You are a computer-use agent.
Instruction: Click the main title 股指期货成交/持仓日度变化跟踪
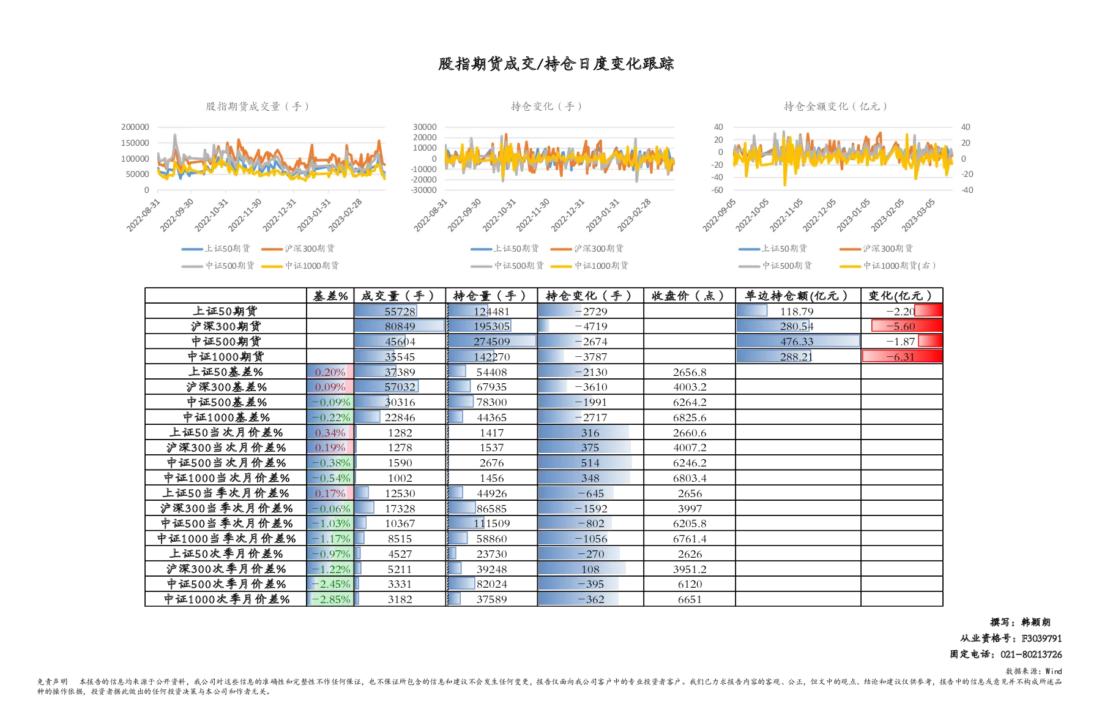coord(556,64)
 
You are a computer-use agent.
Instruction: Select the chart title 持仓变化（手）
coord(546,107)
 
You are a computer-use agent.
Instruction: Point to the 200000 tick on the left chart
coord(135,127)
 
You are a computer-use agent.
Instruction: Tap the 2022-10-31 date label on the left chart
coord(212,215)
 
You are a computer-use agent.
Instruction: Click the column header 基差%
coord(330,296)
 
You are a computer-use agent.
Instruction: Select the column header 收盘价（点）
coord(689,296)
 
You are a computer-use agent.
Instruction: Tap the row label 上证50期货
coord(225,311)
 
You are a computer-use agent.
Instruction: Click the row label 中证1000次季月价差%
coord(226,599)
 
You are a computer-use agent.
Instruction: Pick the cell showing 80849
coord(400,326)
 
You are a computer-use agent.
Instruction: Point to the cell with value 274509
coord(491,342)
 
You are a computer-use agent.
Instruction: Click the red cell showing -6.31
coord(901,357)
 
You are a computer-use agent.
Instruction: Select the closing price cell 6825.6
coord(690,418)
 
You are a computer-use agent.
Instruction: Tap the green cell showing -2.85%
coord(330,599)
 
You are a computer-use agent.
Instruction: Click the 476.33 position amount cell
coord(797,342)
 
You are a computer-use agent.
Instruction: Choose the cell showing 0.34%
coord(330,433)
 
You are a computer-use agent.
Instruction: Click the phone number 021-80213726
coord(1031,654)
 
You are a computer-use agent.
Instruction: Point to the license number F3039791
coord(1041,639)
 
